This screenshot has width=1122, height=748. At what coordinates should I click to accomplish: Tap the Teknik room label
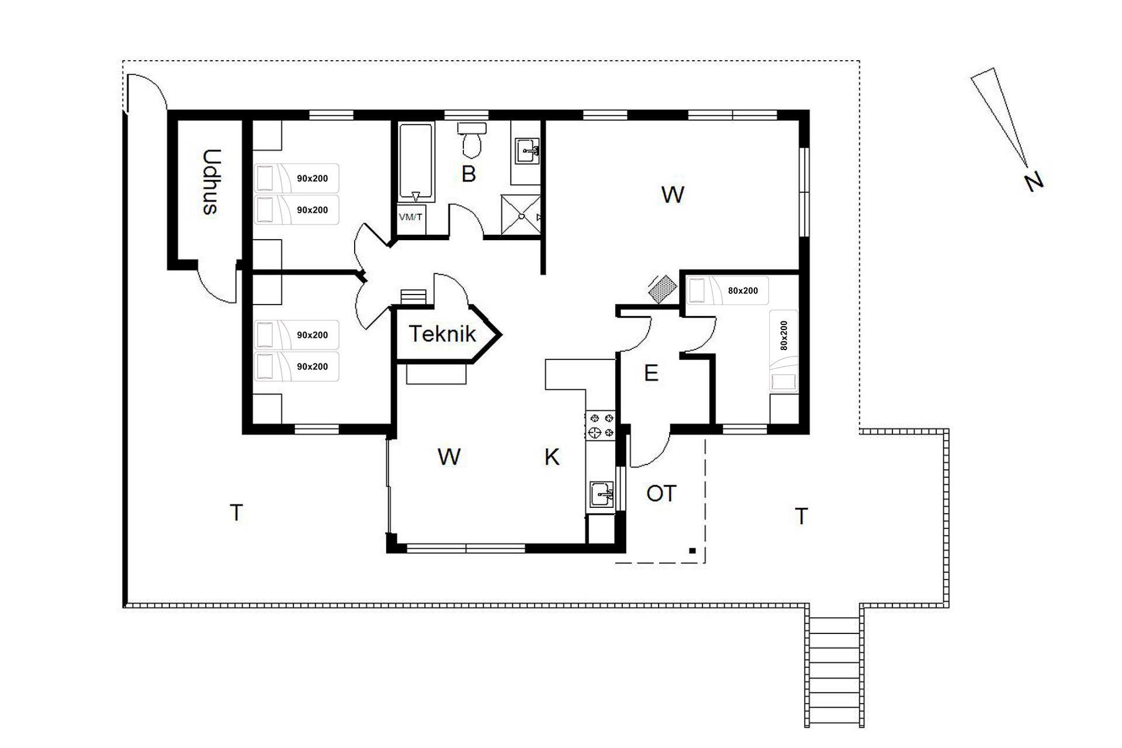coord(442,334)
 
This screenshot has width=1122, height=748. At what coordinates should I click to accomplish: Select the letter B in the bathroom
coord(468,174)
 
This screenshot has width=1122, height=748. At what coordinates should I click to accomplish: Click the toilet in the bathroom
coord(472,140)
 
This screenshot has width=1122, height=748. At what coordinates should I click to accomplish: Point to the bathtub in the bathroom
coord(415,162)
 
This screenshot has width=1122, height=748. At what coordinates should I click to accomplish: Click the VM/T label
coord(410,217)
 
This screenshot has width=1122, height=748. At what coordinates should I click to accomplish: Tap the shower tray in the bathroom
coord(521,215)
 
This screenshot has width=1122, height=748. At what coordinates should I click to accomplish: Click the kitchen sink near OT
coord(602,495)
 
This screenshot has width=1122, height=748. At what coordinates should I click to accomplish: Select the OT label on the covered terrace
coord(661,493)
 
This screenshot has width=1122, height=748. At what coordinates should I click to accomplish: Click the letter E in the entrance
coord(651,373)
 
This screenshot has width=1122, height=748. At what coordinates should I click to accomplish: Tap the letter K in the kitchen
coord(552,457)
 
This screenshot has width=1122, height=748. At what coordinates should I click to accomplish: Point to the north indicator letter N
coord(1034,181)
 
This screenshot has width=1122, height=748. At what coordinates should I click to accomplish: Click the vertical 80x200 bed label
coord(784,335)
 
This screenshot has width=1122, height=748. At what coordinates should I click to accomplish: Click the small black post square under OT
coord(692,550)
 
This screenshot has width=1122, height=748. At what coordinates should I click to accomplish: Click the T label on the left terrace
coord(236,512)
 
